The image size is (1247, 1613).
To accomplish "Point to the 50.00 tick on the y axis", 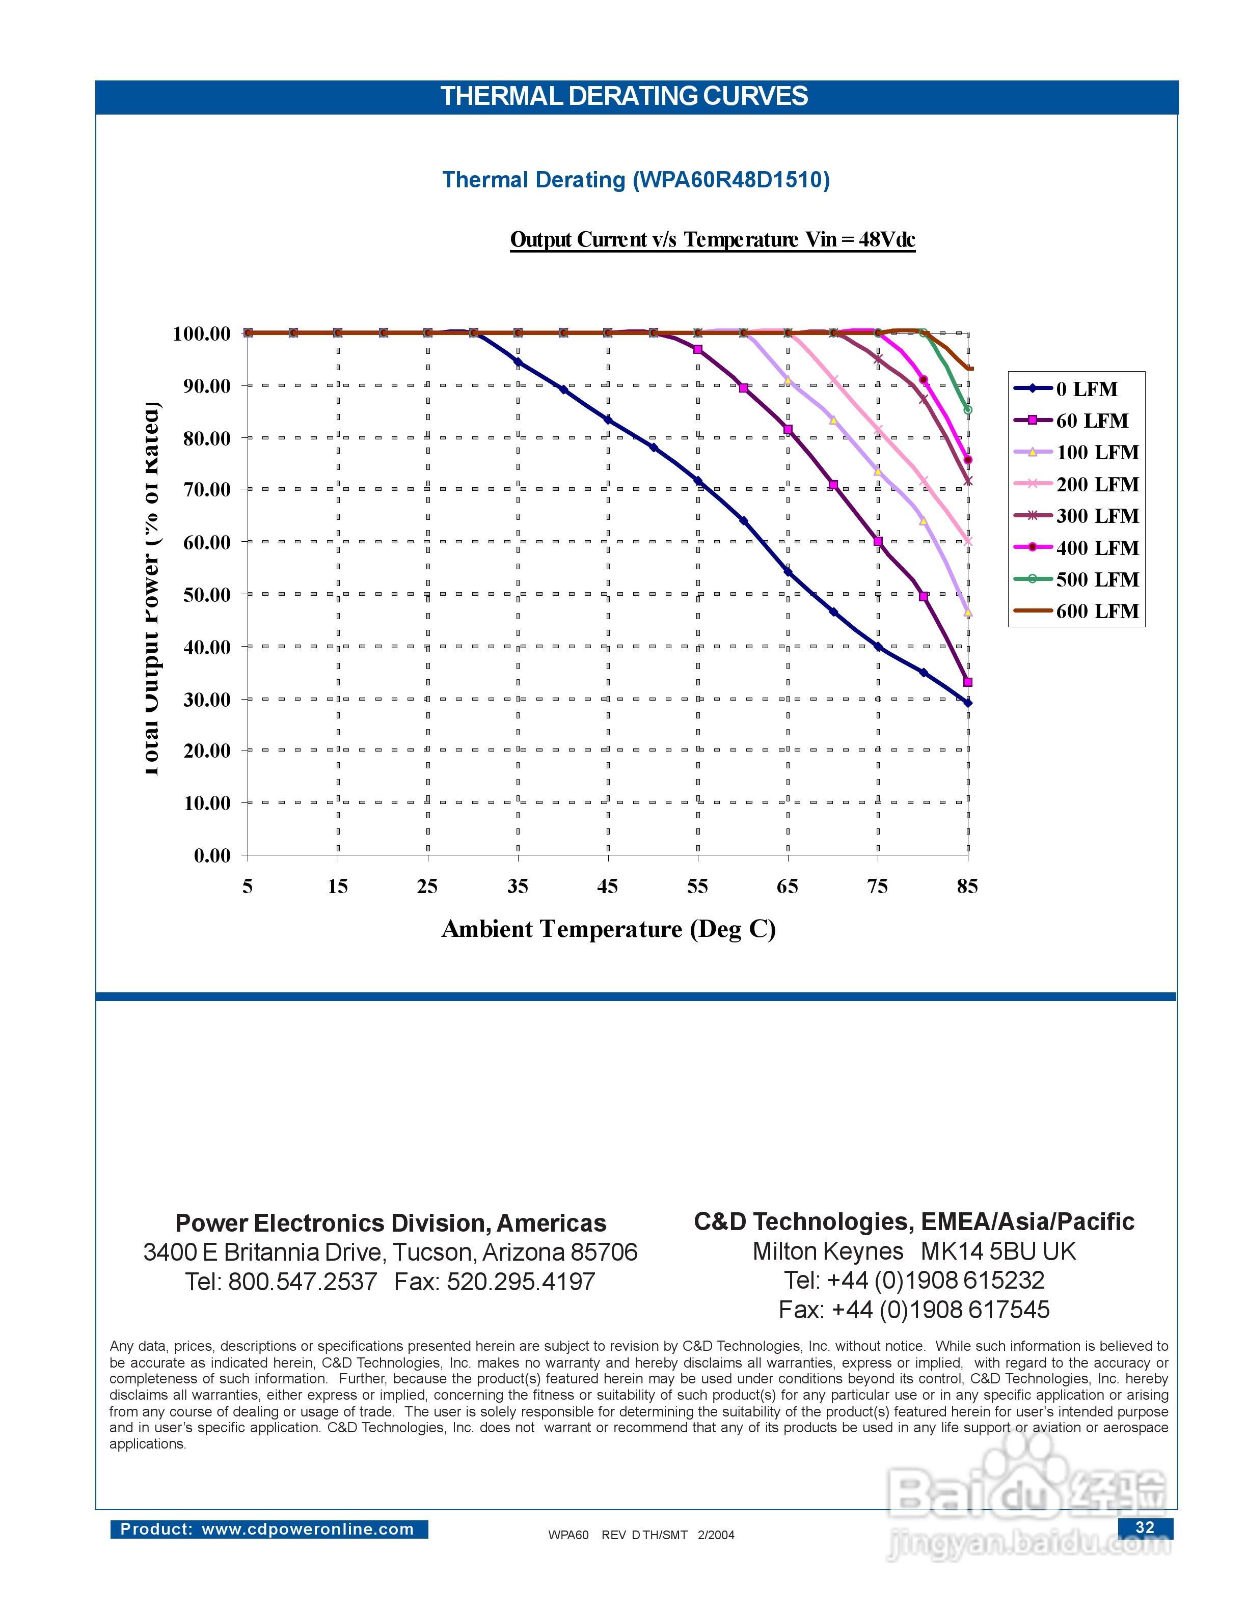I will pyautogui.click(x=207, y=595).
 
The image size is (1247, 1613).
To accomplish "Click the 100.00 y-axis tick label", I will pyautogui.click(x=202, y=334).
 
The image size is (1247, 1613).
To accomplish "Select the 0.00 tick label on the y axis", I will pyautogui.click(x=212, y=856).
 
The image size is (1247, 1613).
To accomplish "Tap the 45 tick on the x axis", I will pyautogui.click(x=607, y=886).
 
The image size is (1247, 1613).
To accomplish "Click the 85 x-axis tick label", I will pyautogui.click(x=967, y=886).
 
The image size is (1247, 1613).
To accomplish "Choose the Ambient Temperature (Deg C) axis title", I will pyautogui.click(x=608, y=929).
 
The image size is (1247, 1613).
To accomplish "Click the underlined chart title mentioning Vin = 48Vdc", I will pyautogui.click(x=712, y=240).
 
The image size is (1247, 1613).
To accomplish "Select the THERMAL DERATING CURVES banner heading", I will pyautogui.click(x=624, y=97).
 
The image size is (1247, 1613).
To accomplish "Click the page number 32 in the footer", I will pyautogui.click(x=1144, y=1527).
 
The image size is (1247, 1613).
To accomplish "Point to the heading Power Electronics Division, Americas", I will pyautogui.click(x=391, y=1223).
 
